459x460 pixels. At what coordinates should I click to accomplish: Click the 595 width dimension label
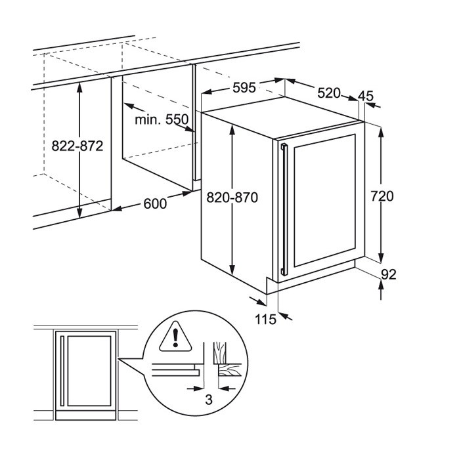click(244, 88)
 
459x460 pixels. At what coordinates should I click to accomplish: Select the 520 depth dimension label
click(329, 93)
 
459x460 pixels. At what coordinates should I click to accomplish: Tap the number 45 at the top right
click(366, 96)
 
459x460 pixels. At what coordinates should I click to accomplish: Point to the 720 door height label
click(382, 196)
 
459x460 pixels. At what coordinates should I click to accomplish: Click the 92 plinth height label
click(389, 274)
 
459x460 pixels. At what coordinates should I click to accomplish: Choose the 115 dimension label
click(265, 320)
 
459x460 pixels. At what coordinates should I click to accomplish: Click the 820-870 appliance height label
click(232, 198)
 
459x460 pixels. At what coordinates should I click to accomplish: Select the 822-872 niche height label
click(77, 146)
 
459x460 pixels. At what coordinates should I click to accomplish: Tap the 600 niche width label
click(155, 203)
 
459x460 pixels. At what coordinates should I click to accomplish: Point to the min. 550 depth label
click(162, 119)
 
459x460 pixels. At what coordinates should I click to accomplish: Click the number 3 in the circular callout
click(209, 399)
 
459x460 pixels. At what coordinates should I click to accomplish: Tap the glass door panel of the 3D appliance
click(324, 200)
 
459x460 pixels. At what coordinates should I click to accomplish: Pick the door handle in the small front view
click(62, 371)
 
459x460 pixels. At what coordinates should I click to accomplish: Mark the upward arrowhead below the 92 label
click(381, 284)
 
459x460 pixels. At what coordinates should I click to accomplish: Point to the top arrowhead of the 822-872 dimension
click(79, 88)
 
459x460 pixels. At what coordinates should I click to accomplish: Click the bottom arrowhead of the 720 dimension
click(381, 258)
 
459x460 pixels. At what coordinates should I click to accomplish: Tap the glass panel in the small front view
click(89, 371)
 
